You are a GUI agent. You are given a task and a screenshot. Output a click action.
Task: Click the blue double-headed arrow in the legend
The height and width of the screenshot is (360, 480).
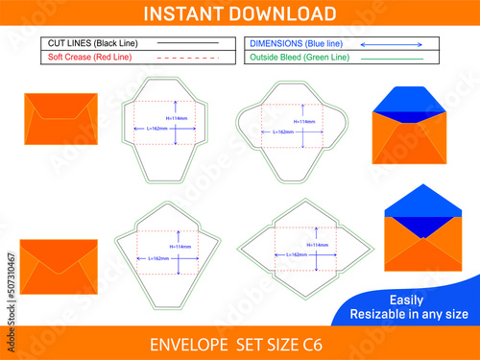[395, 44]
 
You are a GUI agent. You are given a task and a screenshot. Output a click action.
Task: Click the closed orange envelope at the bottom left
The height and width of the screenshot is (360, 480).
[59, 262]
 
